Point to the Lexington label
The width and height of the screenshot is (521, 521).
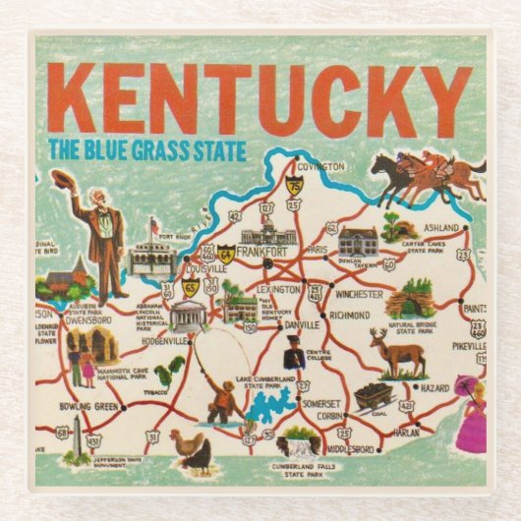[279, 290]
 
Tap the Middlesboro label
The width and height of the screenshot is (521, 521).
[349, 448]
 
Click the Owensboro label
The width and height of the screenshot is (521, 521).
[71, 319]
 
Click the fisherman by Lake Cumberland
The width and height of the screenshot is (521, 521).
[222, 397]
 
